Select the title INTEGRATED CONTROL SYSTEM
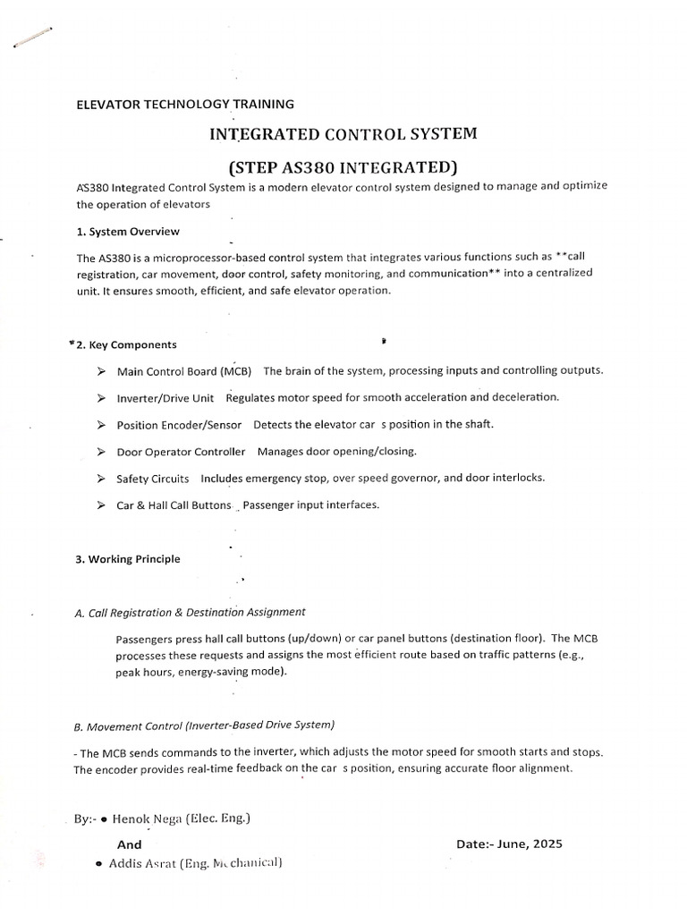coord(343,134)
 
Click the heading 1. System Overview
coord(128,232)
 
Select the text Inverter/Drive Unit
coord(165,398)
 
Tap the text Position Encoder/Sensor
coord(179,425)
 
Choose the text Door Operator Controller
coord(181,452)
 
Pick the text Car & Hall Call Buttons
coord(174,505)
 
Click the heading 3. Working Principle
coord(128,559)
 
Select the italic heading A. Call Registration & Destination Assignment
coord(191,612)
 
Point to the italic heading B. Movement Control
coord(205,724)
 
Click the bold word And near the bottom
coord(130,844)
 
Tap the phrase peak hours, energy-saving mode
coord(201,671)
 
